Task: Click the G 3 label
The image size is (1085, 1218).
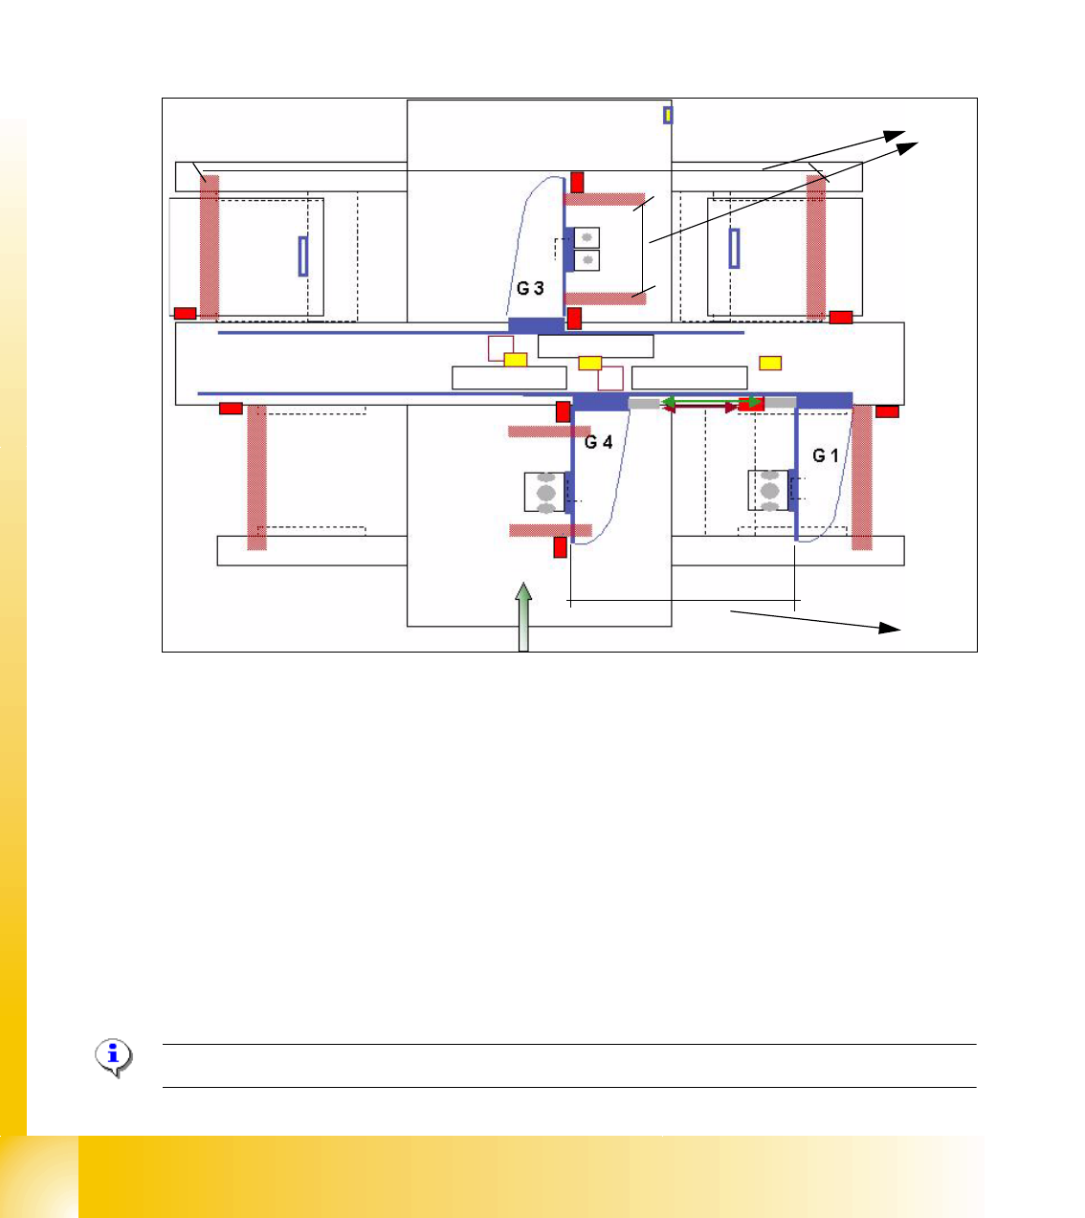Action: [x=531, y=288]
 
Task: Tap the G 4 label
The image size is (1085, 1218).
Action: [x=599, y=442]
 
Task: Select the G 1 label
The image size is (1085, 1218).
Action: [x=826, y=455]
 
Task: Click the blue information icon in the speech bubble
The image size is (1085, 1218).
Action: [x=114, y=1057]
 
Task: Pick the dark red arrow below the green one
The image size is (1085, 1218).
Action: [x=700, y=409]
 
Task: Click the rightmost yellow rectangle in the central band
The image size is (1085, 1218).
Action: [x=770, y=363]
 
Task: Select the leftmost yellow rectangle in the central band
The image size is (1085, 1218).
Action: [x=516, y=360]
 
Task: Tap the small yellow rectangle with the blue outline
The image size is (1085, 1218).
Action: [x=668, y=115]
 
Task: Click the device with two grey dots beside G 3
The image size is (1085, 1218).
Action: [x=587, y=249]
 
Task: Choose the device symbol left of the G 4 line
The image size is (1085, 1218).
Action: [x=545, y=492]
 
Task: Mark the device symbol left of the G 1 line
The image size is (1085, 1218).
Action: [x=769, y=491]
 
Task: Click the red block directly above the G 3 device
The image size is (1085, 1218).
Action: [x=577, y=182]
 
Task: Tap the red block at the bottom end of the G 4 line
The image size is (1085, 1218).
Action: [x=561, y=547]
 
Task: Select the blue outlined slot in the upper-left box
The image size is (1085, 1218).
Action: [x=303, y=255]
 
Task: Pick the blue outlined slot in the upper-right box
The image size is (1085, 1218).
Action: [x=734, y=248]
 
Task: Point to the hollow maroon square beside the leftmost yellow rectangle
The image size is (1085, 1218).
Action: [x=500, y=348]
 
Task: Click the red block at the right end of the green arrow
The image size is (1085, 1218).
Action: [x=752, y=404]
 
